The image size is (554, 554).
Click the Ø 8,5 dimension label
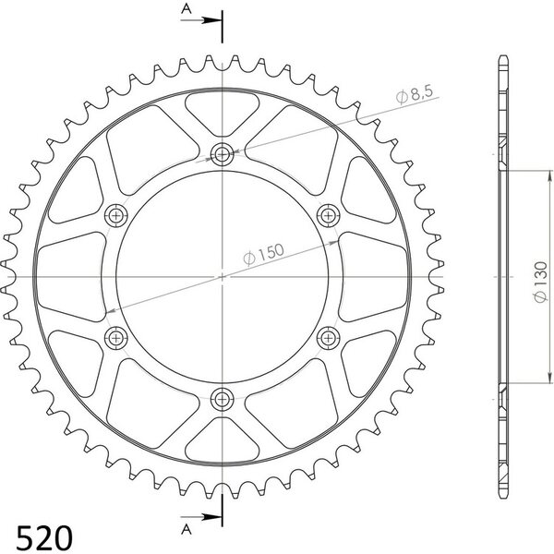coord(414,94)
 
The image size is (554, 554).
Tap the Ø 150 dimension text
coord(263,254)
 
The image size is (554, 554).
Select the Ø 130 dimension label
coord(540,282)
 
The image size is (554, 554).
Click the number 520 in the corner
coord(44,537)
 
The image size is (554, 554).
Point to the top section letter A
coord(187,9)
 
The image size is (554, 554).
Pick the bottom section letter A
coord(187,529)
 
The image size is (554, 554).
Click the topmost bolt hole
coord(222,154)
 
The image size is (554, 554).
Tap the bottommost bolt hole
coord(222,400)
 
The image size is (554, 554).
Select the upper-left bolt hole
coord(116,215)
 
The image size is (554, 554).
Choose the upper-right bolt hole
coord(328,215)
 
